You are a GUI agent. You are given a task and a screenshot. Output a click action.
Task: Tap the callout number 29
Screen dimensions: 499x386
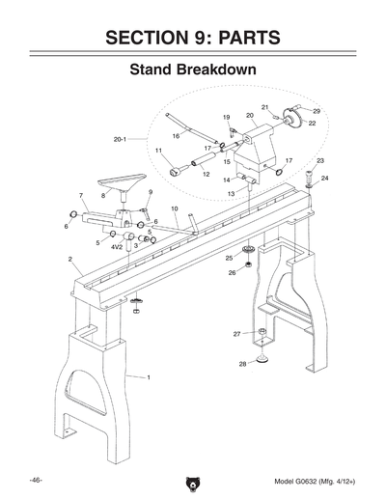click(317, 112)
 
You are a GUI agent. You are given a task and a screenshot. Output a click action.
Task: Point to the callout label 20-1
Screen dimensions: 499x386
click(121, 140)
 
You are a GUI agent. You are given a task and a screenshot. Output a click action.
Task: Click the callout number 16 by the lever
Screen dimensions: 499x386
click(176, 137)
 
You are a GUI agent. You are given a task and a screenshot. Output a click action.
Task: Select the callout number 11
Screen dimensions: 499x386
click(159, 151)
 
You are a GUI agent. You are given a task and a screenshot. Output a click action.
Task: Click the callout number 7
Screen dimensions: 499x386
click(80, 196)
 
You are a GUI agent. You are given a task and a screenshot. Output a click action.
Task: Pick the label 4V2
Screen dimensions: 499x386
click(116, 246)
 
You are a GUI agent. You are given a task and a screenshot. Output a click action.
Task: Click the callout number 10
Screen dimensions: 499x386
click(174, 208)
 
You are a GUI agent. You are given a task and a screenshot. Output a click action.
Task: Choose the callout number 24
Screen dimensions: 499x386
click(324, 179)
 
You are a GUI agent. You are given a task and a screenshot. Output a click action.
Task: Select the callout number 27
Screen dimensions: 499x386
click(236, 334)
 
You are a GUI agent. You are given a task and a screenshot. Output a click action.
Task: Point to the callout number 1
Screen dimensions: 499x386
click(148, 376)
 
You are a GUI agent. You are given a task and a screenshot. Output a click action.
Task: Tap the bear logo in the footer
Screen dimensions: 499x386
click(193, 485)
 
